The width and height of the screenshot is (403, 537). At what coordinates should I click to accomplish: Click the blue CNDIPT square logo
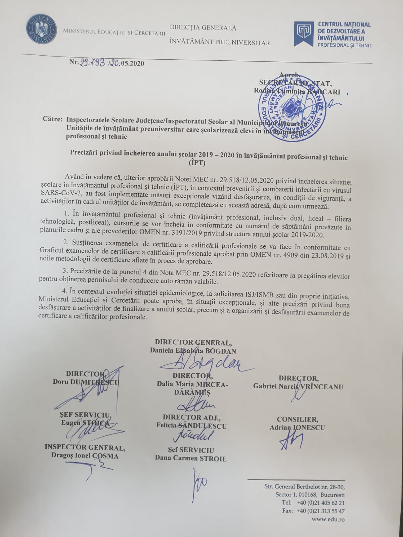(304, 34)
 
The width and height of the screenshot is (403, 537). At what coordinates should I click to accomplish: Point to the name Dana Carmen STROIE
(191, 458)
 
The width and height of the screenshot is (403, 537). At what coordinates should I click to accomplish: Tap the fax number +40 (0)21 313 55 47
(320, 511)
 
